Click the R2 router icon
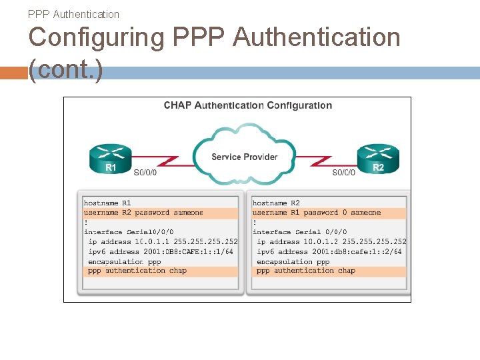coord(378,158)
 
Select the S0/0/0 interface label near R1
coord(145,173)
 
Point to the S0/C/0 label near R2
coord(344,173)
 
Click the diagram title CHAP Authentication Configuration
coord(248,105)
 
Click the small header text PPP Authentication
coord(74,14)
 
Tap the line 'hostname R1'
coord(107,203)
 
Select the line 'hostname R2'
coord(276,203)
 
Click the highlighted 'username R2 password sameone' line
coord(143,213)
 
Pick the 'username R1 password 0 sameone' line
coord(317,213)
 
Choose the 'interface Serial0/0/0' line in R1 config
coord(129,232)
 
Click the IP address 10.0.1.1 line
coord(163,241)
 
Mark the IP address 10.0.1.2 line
coord(331,241)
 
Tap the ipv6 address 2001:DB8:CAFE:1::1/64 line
coord(161,251)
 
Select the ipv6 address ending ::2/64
coord(329,251)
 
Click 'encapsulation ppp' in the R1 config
coord(125,261)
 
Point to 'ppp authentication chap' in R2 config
coord(306,271)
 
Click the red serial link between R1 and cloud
coord(163,159)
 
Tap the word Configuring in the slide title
coord(97,37)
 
